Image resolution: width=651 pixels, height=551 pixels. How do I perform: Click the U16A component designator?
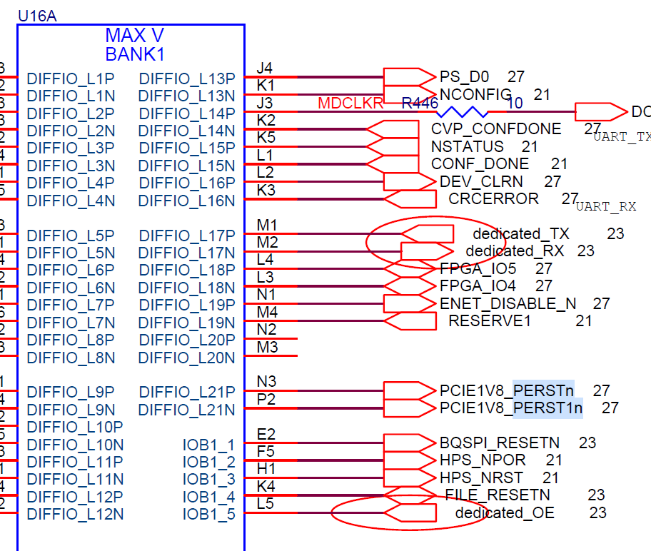click(37, 15)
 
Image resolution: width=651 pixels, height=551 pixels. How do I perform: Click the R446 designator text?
click(420, 103)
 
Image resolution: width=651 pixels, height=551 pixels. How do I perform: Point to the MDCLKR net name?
click(350, 103)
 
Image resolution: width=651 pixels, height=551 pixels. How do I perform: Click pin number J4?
click(265, 69)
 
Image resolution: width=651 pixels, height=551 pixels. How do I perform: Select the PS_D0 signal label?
click(464, 77)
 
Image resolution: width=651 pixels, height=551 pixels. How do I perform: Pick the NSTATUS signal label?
click(467, 147)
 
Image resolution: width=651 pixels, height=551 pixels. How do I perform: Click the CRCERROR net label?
click(493, 198)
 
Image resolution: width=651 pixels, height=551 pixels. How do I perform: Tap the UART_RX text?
click(605, 207)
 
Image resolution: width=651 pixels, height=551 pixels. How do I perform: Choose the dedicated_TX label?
click(520, 234)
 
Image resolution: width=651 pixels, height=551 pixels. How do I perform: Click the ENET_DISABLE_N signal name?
click(508, 304)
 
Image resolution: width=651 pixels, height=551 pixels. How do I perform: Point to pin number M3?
click(267, 348)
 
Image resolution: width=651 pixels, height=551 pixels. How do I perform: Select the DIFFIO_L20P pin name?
click(186, 340)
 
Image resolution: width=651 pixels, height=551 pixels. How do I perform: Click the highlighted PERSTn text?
click(543, 390)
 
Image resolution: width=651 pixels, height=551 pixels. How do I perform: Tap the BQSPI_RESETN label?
click(500, 443)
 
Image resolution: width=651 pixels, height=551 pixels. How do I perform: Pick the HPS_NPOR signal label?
click(483, 460)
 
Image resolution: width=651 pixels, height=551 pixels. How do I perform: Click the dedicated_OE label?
click(504, 513)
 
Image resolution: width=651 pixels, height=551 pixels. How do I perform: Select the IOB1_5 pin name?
click(208, 514)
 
